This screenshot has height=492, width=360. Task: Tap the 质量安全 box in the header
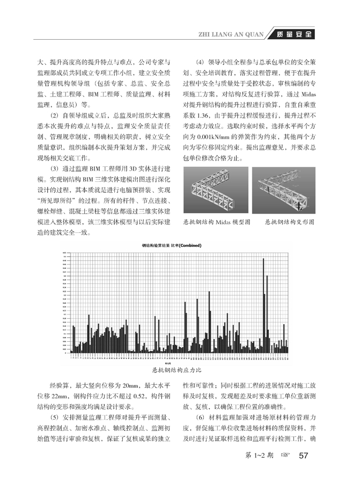292,35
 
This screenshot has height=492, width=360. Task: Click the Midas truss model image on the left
216,191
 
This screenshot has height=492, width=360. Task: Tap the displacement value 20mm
132,385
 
